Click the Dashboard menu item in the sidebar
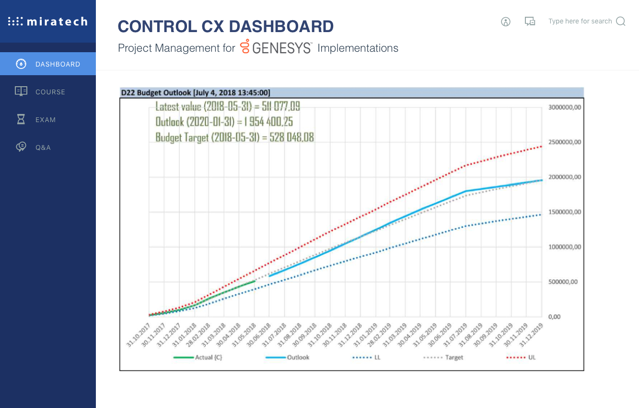(48, 64)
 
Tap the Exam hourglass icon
(21, 119)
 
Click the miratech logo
(48, 22)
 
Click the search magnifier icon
(621, 21)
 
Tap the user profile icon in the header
(506, 22)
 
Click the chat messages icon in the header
(530, 22)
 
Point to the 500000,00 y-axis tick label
(563, 282)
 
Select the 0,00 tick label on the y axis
(554, 317)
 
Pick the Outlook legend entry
(288, 357)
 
